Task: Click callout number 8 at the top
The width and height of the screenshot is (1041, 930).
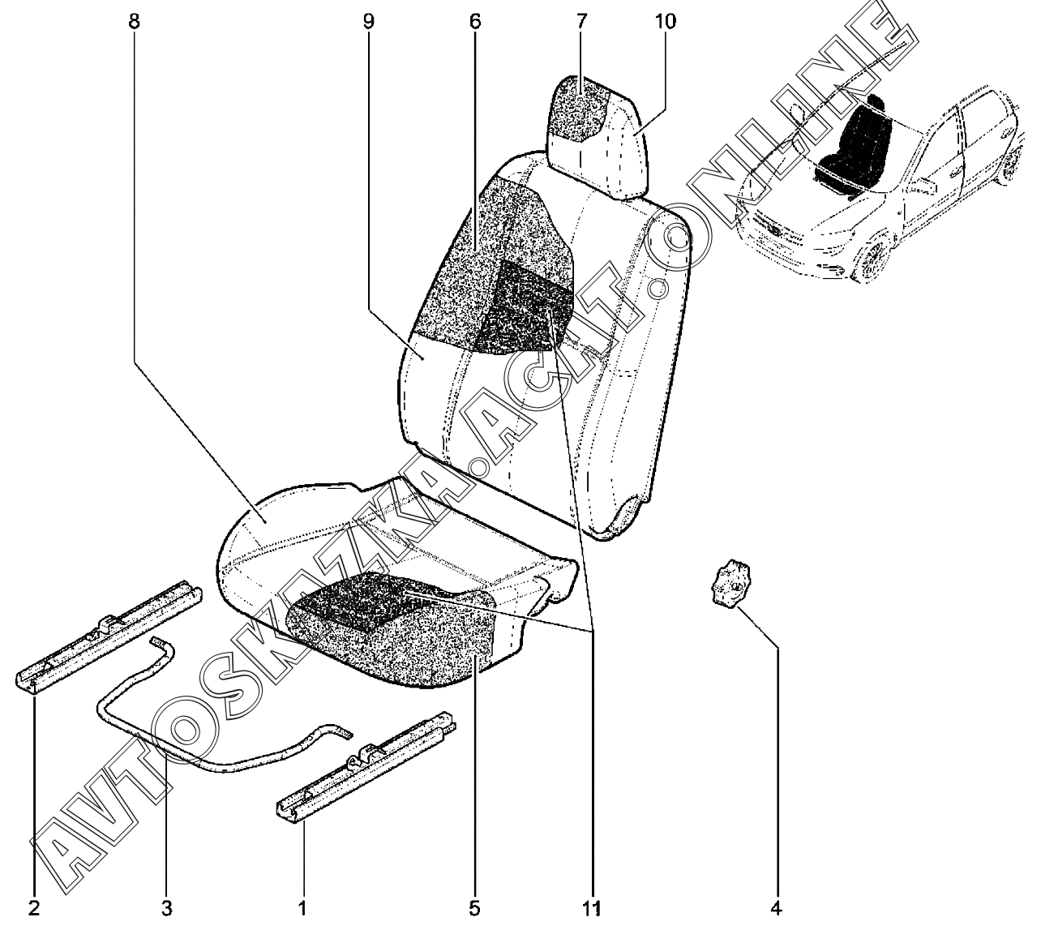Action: [x=134, y=21]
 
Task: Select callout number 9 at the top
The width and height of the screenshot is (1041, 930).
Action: [x=369, y=21]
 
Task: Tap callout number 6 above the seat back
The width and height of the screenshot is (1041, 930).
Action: [x=474, y=21]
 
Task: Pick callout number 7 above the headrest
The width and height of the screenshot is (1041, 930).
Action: [x=581, y=21]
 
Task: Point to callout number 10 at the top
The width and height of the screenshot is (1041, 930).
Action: [x=664, y=21]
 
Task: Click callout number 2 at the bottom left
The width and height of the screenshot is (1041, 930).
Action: [x=33, y=908]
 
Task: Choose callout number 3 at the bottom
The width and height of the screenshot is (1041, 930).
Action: [x=166, y=908]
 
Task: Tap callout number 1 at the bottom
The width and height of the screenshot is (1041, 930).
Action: [x=302, y=908]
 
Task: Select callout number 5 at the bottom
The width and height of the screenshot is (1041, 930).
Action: [x=474, y=908]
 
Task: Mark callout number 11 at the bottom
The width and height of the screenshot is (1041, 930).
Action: [x=592, y=908]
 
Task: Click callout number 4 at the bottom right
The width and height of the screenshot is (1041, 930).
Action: [x=776, y=908]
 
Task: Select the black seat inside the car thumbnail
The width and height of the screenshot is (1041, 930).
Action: [x=855, y=146]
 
